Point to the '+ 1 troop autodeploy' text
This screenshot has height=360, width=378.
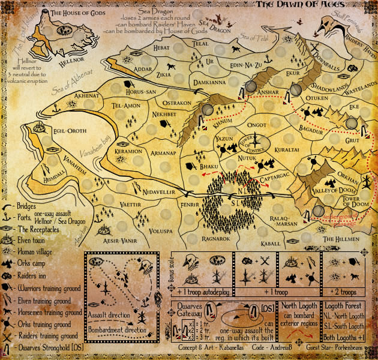point(203,292)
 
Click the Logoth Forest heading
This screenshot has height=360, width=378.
point(344,305)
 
